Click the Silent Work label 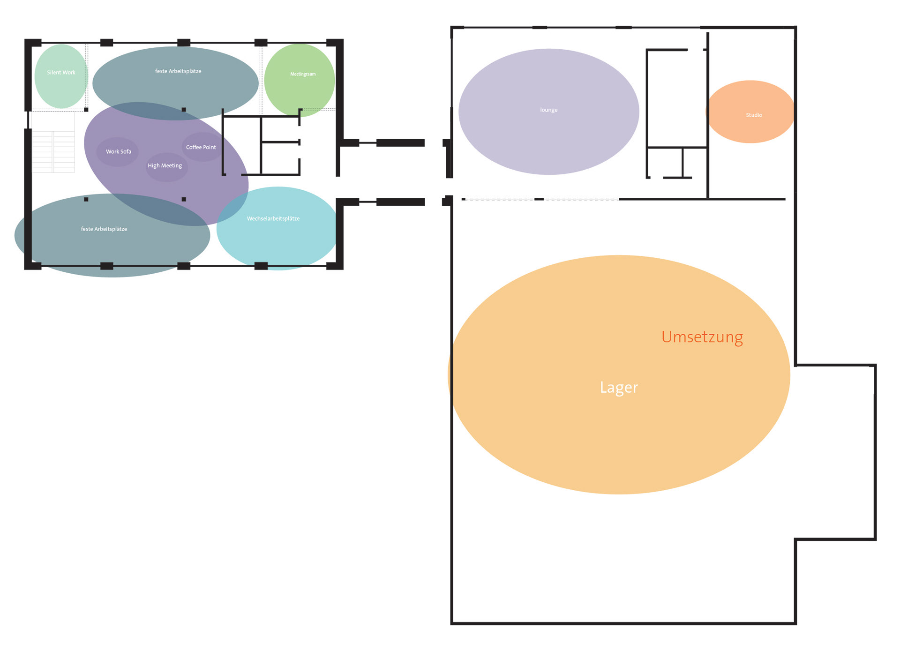click(x=61, y=73)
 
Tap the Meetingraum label click(x=303, y=74)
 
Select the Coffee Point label click(x=201, y=147)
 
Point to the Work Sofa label click(x=118, y=151)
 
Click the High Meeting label click(x=165, y=165)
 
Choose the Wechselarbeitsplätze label click(x=273, y=218)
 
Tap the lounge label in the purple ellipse click(x=548, y=110)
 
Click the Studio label click(x=754, y=115)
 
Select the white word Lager click(x=619, y=388)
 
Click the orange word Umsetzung click(x=702, y=337)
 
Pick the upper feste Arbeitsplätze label click(x=178, y=71)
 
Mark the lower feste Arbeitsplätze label click(x=104, y=229)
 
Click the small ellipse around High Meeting click(x=167, y=173)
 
